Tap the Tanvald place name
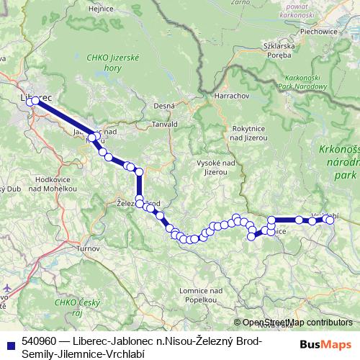[163, 125]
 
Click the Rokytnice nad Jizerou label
[249, 132]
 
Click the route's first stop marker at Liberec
[31, 102]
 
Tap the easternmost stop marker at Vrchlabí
[330, 220]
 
